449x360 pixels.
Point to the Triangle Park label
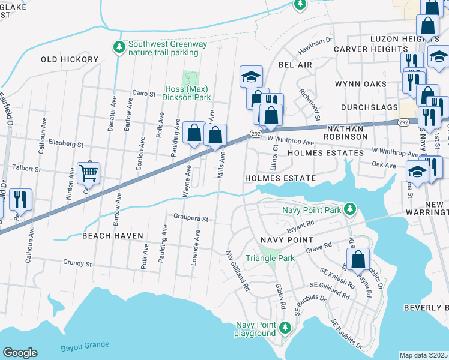coord(270,258)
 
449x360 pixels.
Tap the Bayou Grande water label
coord(85,345)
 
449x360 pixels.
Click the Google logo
coord(20,352)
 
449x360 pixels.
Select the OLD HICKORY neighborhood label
coord(70,60)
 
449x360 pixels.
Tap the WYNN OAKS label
coord(360,83)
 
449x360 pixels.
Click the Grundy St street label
coord(77,263)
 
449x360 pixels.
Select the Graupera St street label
coord(191,219)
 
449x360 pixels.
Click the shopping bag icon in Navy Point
coord(358,260)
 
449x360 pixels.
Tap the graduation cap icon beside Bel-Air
coord(251,76)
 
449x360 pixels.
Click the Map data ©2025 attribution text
coord(424,355)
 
